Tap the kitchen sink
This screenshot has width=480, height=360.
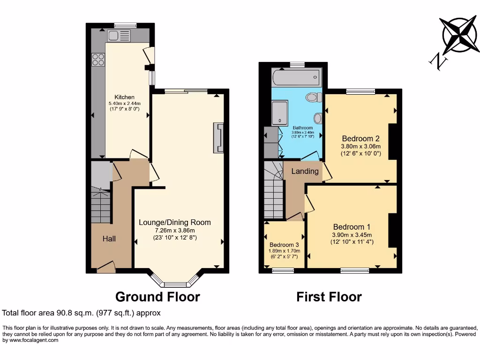tap(118, 35)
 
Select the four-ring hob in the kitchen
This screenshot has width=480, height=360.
tap(98, 60)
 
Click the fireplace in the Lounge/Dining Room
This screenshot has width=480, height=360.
tap(218, 138)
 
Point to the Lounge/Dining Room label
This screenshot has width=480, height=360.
tap(174, 222)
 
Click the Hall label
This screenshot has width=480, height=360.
tap(109, 239)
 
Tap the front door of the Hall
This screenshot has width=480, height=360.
tap(106, 267)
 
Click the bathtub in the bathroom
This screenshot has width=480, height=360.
tap(296, 76)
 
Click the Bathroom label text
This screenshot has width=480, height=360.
tap(302, 127)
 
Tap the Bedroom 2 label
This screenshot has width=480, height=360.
tap(360, 139)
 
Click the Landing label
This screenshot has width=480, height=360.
tap(305, 171)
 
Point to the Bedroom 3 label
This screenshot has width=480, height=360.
tap(284, 245)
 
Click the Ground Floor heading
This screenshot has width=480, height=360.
tap(157, 297)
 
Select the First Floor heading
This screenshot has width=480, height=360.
tap(329, 297)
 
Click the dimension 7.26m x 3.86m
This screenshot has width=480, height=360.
tap(174, 230)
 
